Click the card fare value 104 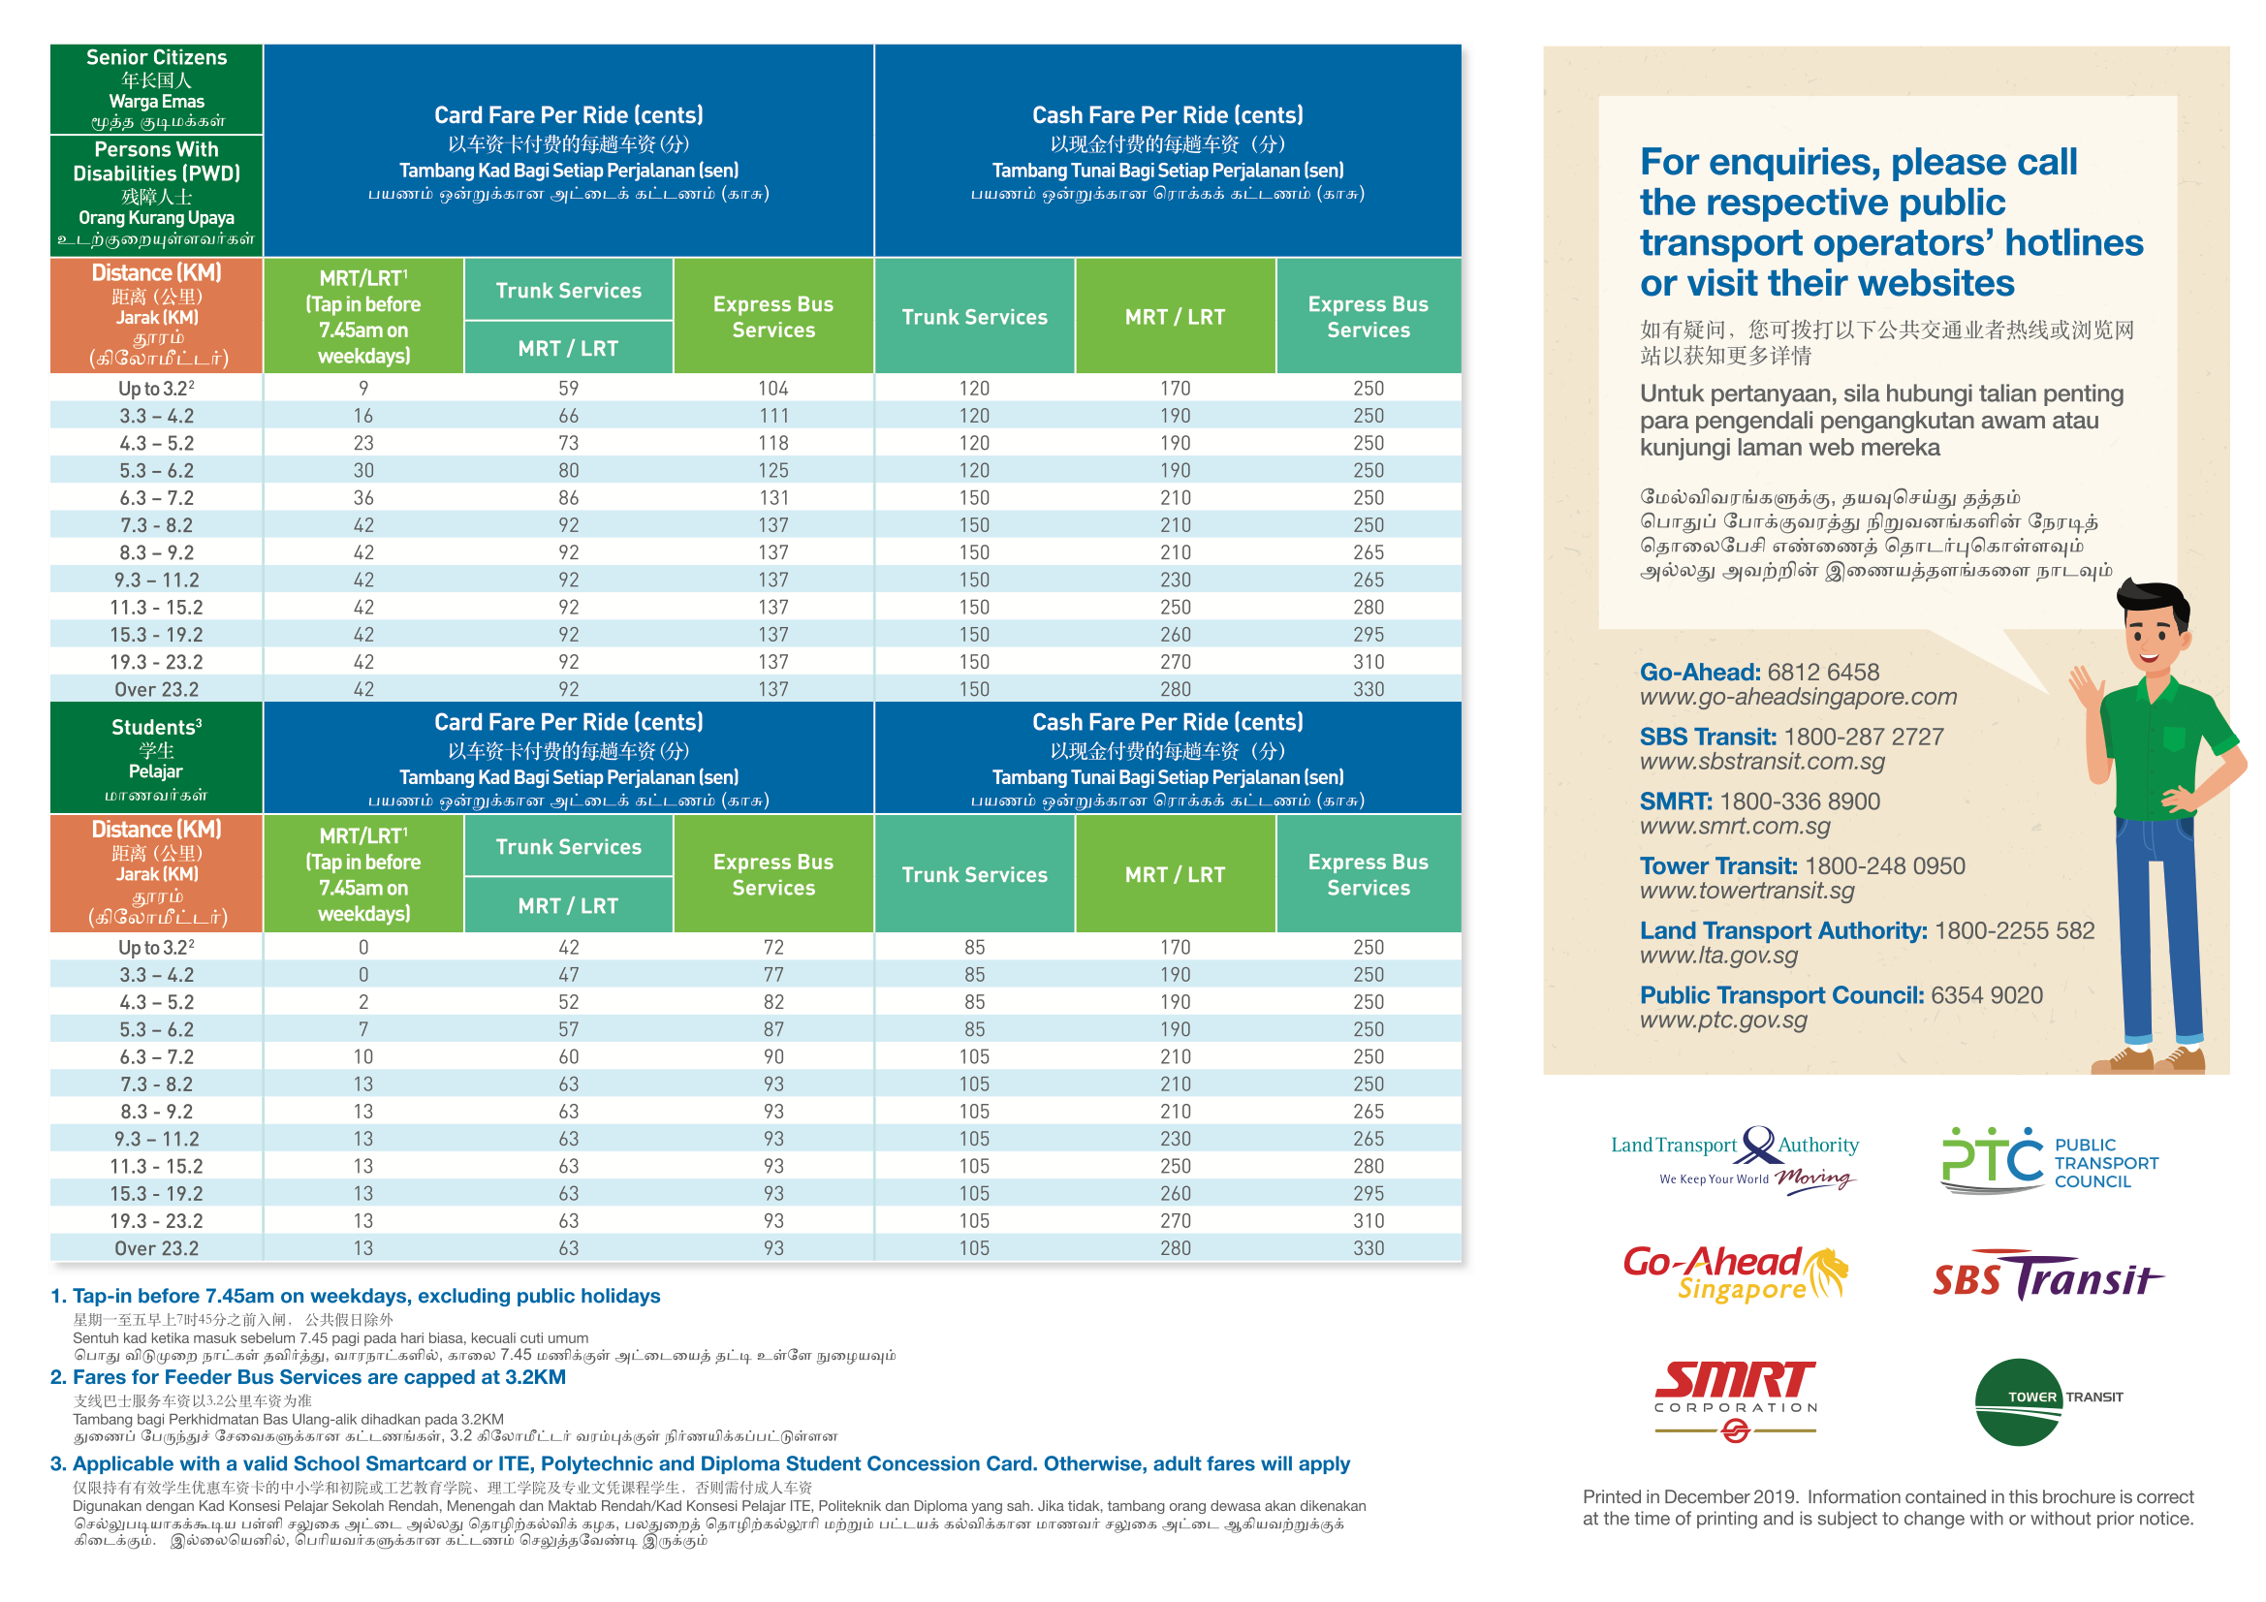[x=772, y=388]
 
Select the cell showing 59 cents [x=569, y=388]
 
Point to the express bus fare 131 [x=772, y=497]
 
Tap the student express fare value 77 [x=772, y=974]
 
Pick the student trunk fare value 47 [x=569, y=974]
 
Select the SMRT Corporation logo [x=1736, y=1400]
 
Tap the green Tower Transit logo [x=2048, y=1401]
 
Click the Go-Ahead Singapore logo [x=1736, y=1274]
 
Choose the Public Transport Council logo [x=2050, y=1160]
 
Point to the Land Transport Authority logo [x=1735, y=1160]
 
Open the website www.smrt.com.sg [x=1735, y=826]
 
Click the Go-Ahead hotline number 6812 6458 [x=1823, y=673]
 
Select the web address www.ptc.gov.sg [x=1723, y=1020]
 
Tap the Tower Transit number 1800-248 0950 [x=1884, y=865]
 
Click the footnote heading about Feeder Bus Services [x=308, y=1377]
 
